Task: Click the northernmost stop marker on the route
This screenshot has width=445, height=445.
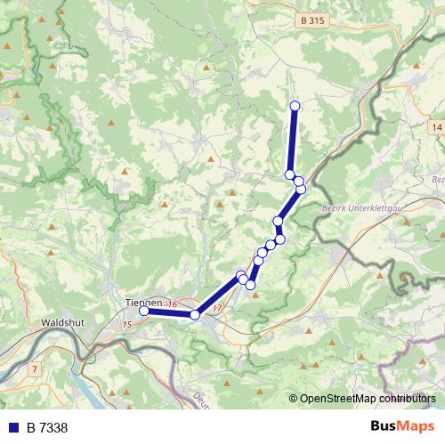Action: [x=295, y=107]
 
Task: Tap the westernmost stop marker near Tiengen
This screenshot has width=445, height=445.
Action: [x=144, y=311]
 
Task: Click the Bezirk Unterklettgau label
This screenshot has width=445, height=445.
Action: [x=354, y=210]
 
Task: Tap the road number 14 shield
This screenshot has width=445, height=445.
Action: [x=436, y=128]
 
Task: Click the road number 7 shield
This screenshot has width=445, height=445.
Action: [x=34, y=368]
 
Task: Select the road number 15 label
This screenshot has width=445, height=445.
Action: [x=127, y=324]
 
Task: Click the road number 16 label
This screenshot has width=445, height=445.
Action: [x=172, y=305]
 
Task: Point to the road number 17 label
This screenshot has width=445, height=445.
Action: [x=218, y=309]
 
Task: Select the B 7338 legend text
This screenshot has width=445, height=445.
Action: [x=46, y=428]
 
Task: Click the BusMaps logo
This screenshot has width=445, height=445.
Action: [x=402, y=427]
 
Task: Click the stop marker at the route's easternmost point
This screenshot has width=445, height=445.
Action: [x=301, y=189]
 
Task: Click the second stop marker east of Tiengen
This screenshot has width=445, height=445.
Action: [x=241, y=277]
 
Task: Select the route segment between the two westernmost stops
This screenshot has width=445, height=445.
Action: [x=169, y=312]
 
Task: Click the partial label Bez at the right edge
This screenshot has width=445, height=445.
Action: [x=437, y=179]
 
